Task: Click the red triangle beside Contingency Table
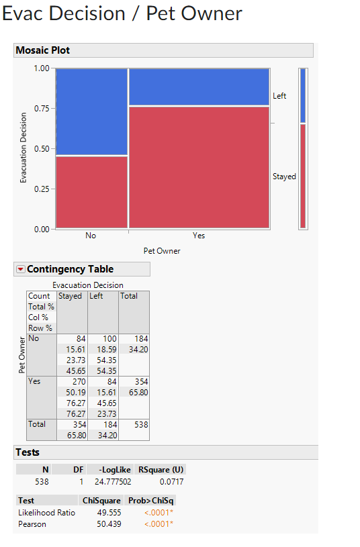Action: coord(20,269)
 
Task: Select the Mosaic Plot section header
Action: coord(43,50)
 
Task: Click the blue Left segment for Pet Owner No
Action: coord(91,111)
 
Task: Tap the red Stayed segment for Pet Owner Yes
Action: coord(199,168)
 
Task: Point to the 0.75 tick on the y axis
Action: coord(41,109)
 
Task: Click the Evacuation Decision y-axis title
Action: coord(24,148)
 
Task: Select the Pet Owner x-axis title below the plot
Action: coord(162,251)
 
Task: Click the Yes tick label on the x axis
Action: coord(199,236)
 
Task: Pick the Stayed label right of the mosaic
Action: coord(284,177)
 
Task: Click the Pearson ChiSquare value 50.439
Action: coord(109,524)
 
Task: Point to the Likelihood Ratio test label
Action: coord(46,513)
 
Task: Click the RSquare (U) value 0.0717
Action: coord(171,481)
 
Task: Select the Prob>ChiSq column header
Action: coord(152,501)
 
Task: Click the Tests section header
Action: coord(28,452)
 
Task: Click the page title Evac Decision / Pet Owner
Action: coord(122,13)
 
